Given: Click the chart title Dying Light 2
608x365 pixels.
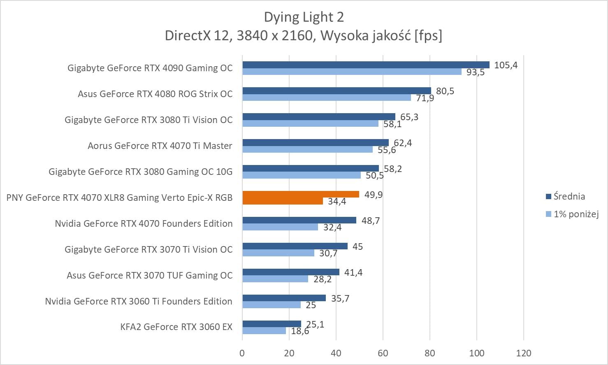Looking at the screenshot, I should (304, 17).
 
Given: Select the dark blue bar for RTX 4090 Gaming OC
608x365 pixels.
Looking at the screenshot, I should (366, 65).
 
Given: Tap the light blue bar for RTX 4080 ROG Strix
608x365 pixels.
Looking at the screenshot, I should (327, 98).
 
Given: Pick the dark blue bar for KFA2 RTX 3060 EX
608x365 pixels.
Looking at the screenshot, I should (272, 324).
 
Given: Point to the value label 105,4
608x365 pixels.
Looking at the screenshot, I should (506, 65).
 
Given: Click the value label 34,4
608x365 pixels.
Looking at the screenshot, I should (337, 202).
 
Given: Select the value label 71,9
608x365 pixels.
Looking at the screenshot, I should (425, 98).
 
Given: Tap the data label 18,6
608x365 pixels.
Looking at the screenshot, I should (300, 331).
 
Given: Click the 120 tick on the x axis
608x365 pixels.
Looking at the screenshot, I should (524, 353).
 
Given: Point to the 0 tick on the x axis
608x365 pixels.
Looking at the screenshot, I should (242, 353).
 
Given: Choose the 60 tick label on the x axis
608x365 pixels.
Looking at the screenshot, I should (383, 353).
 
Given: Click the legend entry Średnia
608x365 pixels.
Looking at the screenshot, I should (569, 196).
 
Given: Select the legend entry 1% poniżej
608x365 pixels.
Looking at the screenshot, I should (576, 214).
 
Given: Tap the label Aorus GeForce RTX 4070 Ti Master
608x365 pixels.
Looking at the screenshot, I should (160, 146).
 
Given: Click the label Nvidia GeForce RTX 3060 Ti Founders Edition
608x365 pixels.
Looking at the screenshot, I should (139, 301).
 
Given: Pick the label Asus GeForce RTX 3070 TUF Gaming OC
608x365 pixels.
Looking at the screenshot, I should (149, 275).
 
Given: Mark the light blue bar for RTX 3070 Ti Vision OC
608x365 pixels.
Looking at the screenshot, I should (278, 253).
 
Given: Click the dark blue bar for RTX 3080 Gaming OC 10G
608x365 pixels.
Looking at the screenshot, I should (311, 168).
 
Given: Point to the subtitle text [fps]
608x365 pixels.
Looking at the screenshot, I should (428, 36).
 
